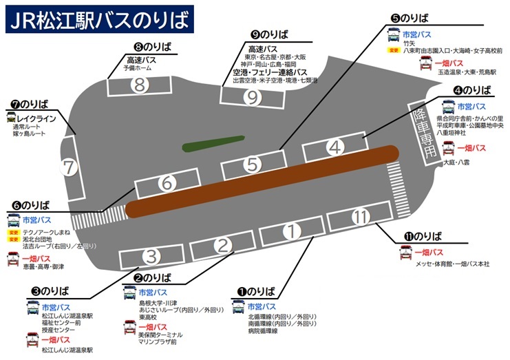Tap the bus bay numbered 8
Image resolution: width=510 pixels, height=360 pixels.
140,85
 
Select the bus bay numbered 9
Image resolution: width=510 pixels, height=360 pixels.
253,97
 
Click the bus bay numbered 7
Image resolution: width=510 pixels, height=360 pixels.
69,167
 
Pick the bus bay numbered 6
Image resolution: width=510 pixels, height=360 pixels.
166,184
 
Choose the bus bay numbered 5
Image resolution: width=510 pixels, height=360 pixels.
253,165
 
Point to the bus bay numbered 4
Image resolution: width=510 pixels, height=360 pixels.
334,147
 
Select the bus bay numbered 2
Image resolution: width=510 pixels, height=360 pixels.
222,244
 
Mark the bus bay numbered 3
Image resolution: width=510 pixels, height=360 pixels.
152,257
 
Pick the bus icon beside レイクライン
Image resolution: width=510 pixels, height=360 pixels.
12,117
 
